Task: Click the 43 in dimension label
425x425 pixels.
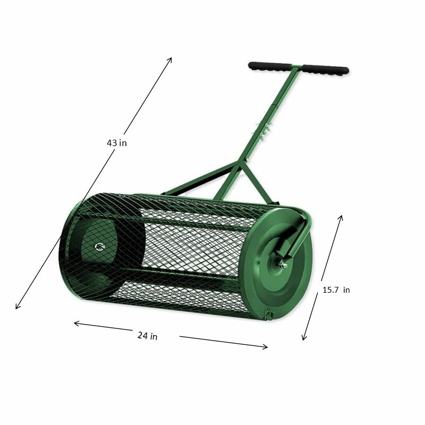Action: [116, 143]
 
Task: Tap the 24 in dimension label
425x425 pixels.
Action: [147, 336]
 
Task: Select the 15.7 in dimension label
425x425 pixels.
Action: [336, 290]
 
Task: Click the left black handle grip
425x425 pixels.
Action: [269, 66]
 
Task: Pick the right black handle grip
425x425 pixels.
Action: [326, 70]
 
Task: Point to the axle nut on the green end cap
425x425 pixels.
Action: [282, 263]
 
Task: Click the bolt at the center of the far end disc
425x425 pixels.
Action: [99, 246]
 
